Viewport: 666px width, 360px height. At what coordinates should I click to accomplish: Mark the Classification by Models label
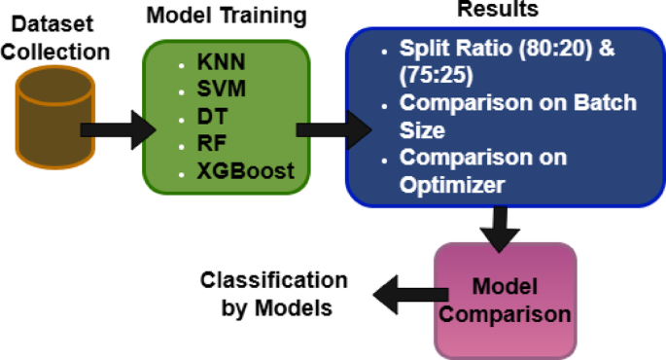tap(273, 294)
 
